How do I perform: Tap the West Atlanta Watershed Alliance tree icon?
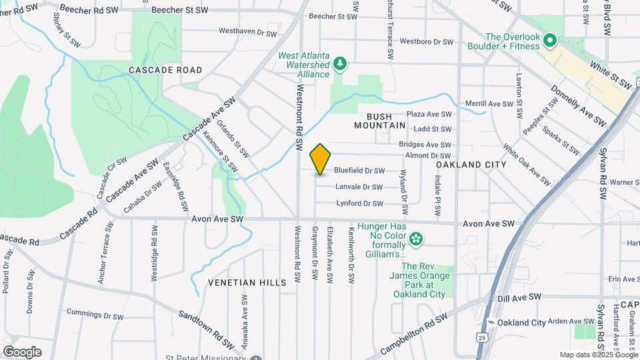pyautogui.click(x=341, y=63)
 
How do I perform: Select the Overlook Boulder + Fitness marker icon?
pyautogui.click(x=550, y=41)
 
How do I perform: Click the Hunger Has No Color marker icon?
pyautogui.click(x=416, y=238)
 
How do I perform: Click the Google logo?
pyautogui.click(x=22, y=351)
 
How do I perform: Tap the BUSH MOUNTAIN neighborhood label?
pyautogui.click(x=379, y=120)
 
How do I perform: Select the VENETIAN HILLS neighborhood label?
pyautogui.click(x=247, y=283)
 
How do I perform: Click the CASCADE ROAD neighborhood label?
pyautogui.click(x=156, y=70)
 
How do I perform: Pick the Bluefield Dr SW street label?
pyautogui.click(x=359, y=171)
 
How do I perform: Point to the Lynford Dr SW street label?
pyautogui.click(x=359, y=203)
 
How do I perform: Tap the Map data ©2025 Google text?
pyautogui.click(x=599, y=355)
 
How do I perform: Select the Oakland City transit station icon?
pyautogui.click(x=491, y=322)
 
